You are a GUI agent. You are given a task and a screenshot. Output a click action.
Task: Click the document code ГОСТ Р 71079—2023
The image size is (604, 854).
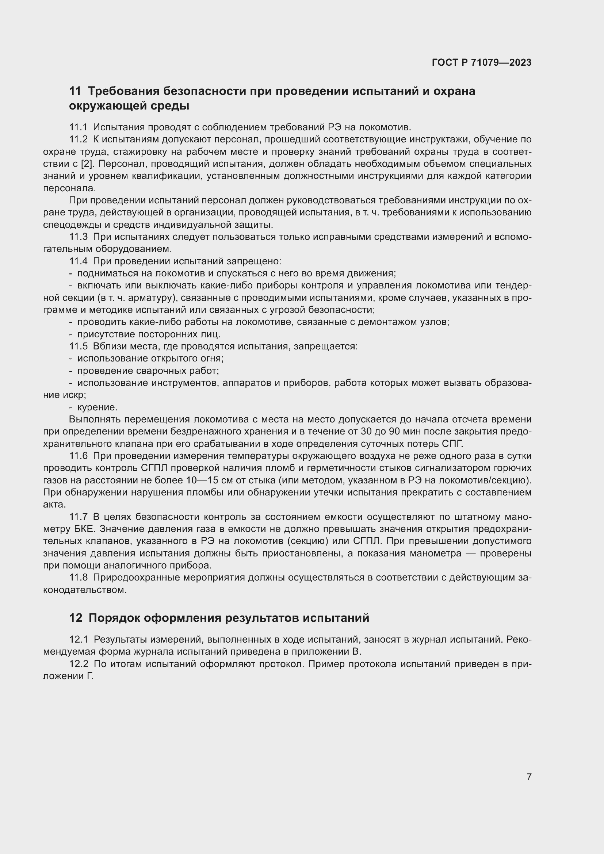tap(481, 62)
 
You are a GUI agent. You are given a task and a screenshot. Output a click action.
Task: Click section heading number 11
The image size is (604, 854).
tap(75, 91)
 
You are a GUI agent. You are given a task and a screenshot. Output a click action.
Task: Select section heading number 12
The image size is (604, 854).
tap(76, 618)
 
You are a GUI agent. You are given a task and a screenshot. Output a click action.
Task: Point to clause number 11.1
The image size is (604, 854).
tap(78, 127)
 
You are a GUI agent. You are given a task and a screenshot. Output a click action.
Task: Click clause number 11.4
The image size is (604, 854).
tap(78, 261)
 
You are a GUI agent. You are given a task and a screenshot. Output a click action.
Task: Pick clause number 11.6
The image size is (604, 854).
tap(78, 456)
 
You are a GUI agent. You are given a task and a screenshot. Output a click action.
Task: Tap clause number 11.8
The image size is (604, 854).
tap(78, 578)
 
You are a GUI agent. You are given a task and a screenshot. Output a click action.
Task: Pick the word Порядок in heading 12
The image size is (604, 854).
tap(114, 618)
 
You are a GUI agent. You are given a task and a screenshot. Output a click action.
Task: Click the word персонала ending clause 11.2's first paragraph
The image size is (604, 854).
tap(69, 188)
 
